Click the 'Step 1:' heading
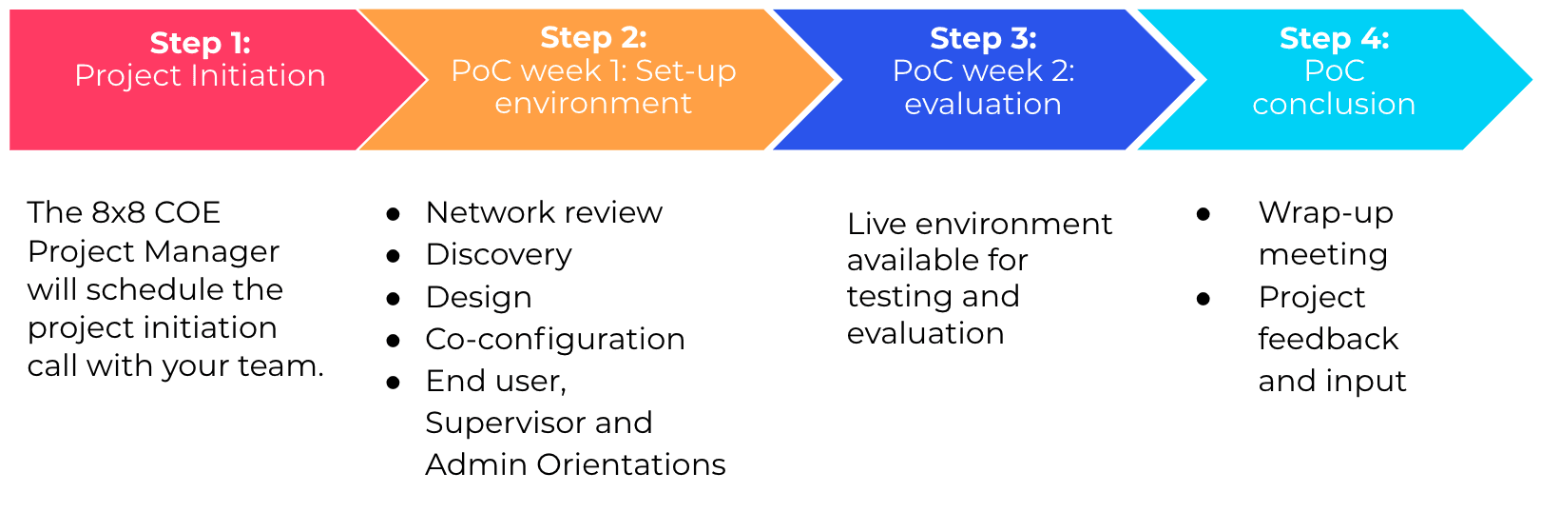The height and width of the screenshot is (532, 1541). (x=201, y=43)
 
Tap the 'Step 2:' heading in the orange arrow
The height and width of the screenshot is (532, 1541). (x=593, y=37)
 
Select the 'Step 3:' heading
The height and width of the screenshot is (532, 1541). (x=983, y=38)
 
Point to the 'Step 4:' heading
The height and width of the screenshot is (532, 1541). (x=1334, y=38)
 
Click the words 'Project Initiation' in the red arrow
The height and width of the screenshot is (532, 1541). (x=201, y=75)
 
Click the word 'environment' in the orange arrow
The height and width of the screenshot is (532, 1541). (x=593, y=104)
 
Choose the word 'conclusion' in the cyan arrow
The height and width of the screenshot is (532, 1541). (x=1334, y=104)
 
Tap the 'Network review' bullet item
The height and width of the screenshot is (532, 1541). (x=544, y=212)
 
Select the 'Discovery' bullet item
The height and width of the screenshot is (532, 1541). (x=499, y=255)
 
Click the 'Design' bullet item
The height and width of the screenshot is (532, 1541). (x=479, y=298)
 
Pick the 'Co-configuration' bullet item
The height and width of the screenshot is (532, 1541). (x=555, y=339)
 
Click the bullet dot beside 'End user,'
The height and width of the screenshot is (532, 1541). (x=394, y=383)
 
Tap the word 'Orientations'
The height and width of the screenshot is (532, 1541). (x=631, y=465)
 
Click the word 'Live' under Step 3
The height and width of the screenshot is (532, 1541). (x=876, y=224)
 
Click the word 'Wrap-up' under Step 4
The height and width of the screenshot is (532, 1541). (x=1325, y=213)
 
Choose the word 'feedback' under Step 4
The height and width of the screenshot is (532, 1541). (x=1328, y=339)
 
